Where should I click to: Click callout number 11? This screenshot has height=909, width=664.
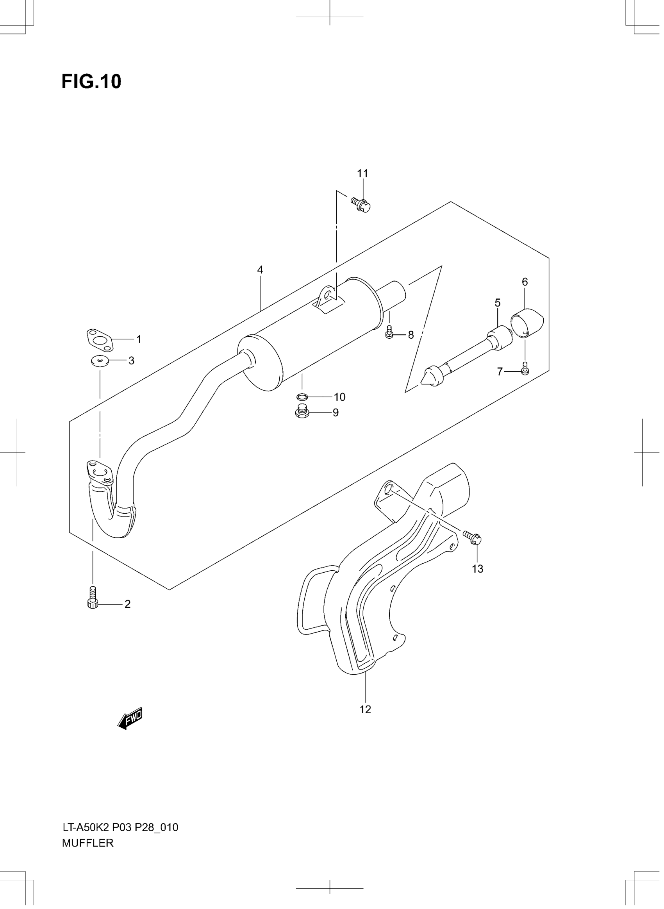(x=362, y=174)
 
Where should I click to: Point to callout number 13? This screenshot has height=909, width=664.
(x=478, y=569)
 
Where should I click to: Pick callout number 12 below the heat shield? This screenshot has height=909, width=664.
(x=365, y=710)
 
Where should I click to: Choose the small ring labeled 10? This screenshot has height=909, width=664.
(x=302, y=397)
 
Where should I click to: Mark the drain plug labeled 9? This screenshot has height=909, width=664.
(x=302, y=413)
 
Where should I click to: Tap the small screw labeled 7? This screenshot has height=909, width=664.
(x=525, y=369)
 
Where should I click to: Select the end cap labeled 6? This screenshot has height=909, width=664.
(x=527, y=322)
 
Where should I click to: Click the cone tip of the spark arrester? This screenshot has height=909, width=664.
(x=429, y=375)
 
